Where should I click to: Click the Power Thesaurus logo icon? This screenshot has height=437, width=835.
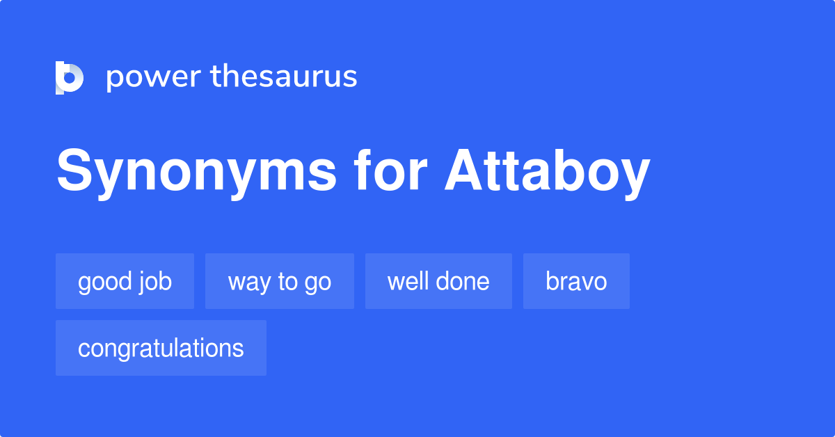point(70,77)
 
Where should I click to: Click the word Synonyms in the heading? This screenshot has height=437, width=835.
point(196,172)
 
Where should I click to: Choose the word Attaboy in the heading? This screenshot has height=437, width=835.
point(548,172)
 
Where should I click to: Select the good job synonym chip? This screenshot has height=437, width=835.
point(125,281)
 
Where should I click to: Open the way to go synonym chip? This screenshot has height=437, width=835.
point(279,281)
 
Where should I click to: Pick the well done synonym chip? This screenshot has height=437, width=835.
point(438,281)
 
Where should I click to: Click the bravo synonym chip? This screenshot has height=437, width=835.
point(576,281)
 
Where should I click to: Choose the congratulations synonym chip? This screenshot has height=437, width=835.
point(161,348)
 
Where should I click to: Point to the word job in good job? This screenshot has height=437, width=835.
point(155,282)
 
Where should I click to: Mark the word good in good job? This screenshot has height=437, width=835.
point(105,282)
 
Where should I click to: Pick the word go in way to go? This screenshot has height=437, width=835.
point(318,283)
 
